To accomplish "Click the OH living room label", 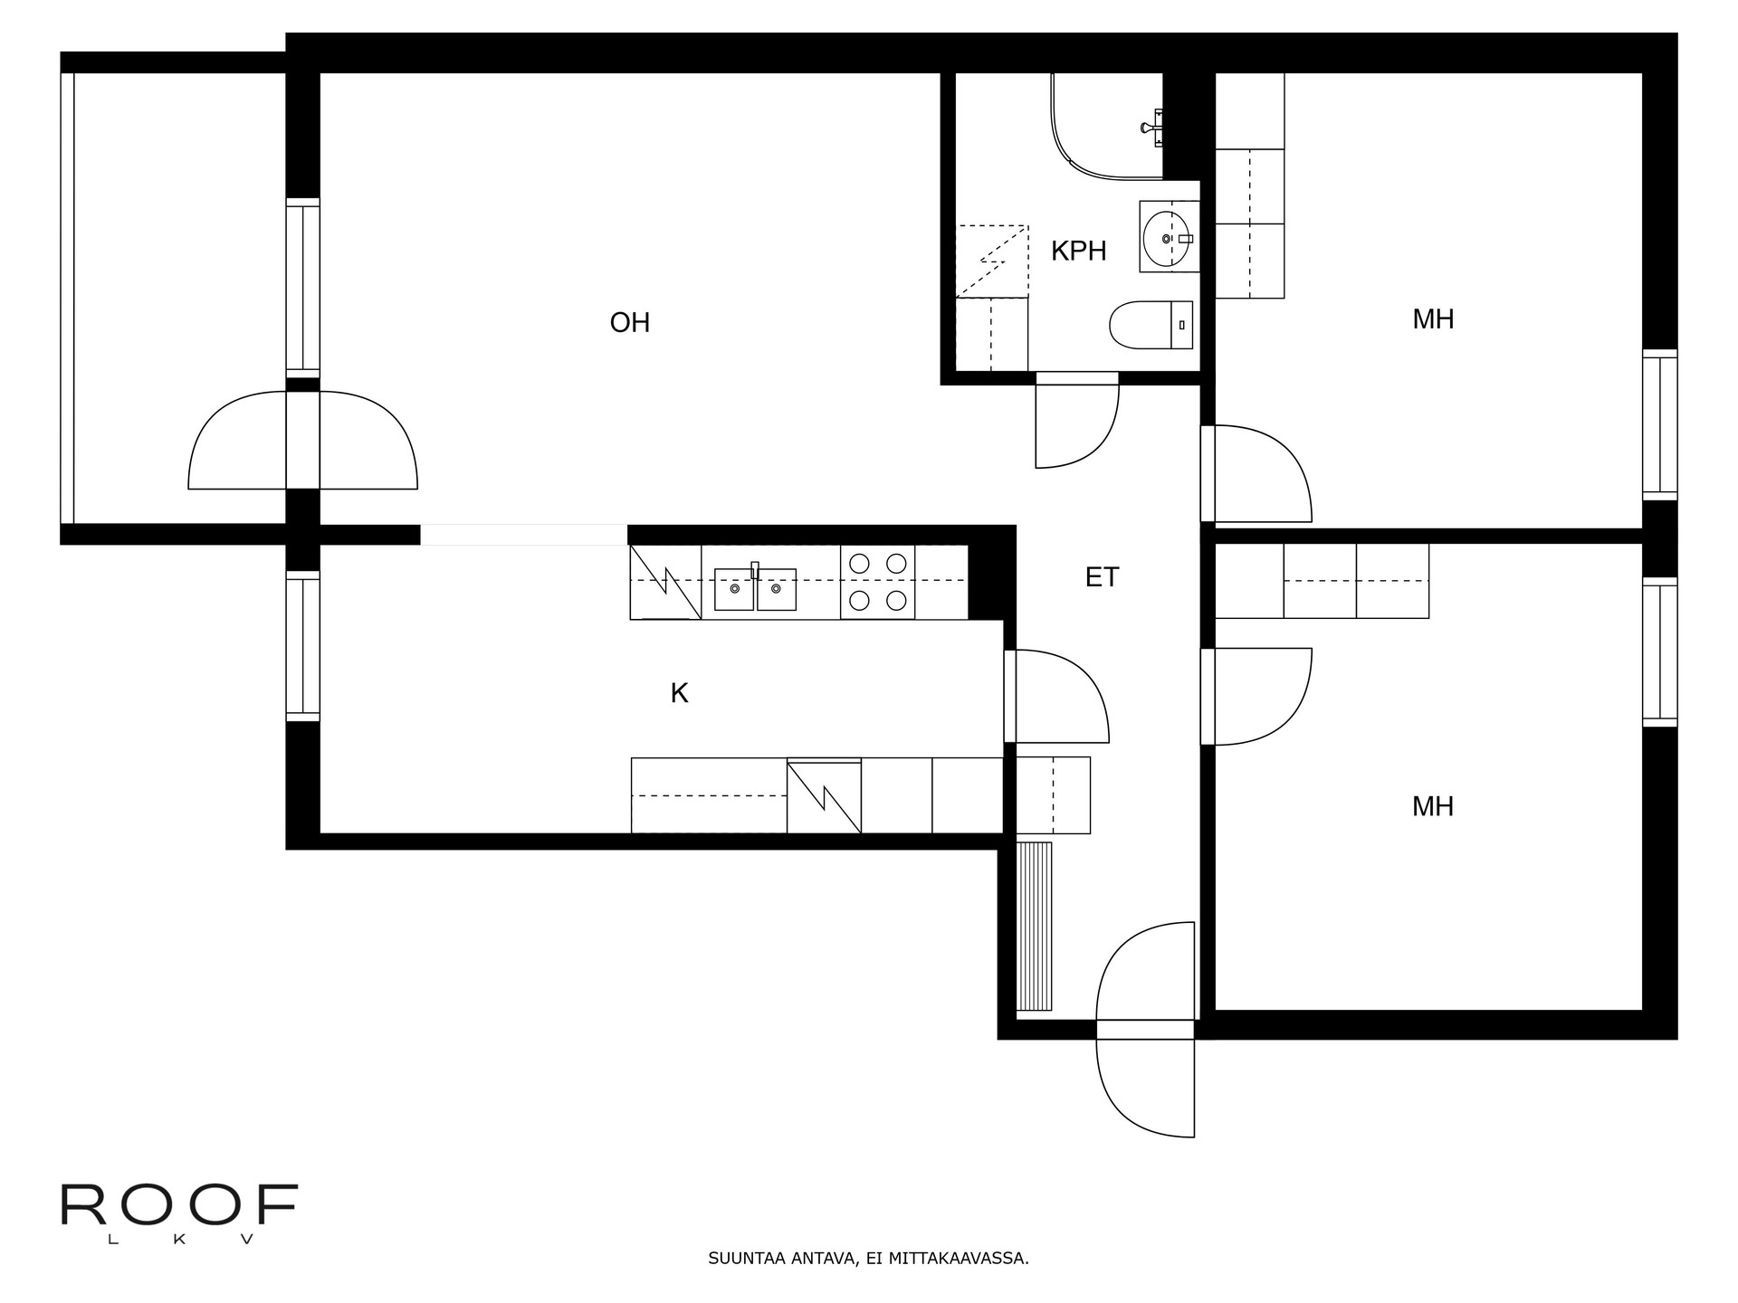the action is coord(630,323).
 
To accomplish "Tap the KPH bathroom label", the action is coord(1078,251).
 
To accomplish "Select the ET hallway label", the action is coord(1102,577).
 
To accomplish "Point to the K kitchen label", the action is coord(679,693).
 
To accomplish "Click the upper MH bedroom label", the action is coord(1433,319).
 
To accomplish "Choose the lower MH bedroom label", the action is coord(1433,806).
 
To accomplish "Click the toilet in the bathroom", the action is coord(1151,325).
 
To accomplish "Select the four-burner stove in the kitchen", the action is coord(877,582).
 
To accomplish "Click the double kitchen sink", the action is coord(755,589).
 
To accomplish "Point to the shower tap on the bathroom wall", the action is coord(1153,126).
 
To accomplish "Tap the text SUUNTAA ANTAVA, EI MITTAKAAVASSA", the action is coord(868,1259).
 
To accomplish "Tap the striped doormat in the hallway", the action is coord(1035,927).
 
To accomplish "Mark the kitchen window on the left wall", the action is coord(303,646).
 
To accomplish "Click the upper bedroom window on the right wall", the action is coord(1660,424).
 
